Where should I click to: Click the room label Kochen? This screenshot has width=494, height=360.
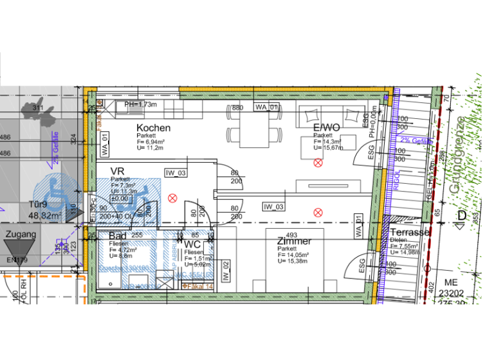click(154, 128)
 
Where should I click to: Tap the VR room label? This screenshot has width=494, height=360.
click(117, 171)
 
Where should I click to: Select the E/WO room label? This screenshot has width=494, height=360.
click(327, 128)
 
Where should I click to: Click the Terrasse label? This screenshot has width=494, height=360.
click(410, 232)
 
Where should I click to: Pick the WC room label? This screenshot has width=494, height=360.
click(193, 244)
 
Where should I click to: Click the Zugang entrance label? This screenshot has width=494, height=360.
click(21, 235)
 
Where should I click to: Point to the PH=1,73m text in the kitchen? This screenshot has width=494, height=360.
click(140, 104)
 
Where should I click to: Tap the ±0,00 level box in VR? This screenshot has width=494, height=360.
click(120, 199)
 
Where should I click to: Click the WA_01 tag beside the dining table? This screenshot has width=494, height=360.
click(268, 107)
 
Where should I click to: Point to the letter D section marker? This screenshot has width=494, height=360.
click(461, 215)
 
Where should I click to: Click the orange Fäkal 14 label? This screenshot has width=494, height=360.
click(199, 285)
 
